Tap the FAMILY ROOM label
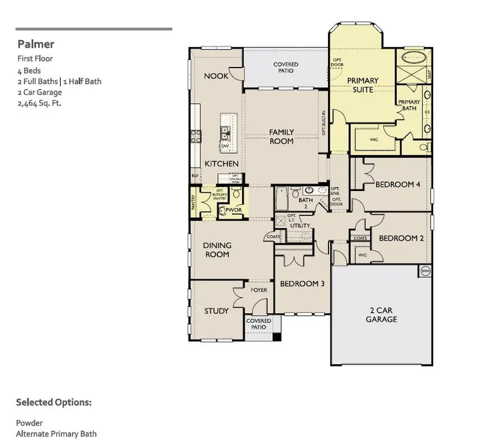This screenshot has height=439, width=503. [281, 136]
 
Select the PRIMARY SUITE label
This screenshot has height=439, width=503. [363, 85]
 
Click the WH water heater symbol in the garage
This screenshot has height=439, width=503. [425, 271]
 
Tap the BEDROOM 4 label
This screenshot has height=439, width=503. [397, 184]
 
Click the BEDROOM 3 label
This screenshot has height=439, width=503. [302, 284]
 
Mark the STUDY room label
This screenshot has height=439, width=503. [216, 311]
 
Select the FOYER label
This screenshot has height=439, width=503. [259, 290]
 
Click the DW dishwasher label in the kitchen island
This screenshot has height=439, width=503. [226, 146]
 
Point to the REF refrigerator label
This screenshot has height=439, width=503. [195, 176]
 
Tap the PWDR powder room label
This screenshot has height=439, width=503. [234, 210]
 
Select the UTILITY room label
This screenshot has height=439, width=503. [300, 225]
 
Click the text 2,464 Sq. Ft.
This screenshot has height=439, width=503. [40, 103]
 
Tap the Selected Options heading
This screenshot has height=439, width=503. [54, 402]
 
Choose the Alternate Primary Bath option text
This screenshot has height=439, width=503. [56, 434]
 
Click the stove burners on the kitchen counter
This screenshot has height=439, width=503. [196, 137]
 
